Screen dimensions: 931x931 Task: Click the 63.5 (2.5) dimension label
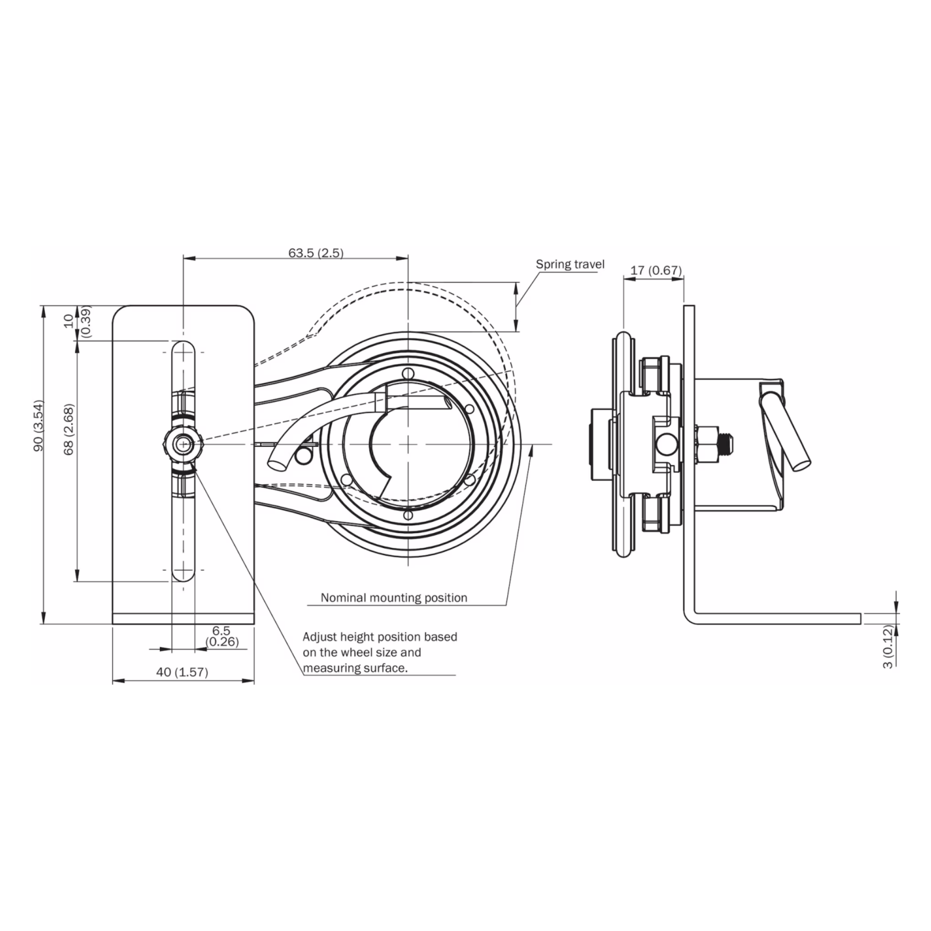click(x=315, y=253)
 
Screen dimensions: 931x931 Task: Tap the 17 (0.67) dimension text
click(x=656, y=270)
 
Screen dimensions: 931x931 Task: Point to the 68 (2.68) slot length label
click(x=69, y=429)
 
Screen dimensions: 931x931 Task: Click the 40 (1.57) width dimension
click(x=182, y=672)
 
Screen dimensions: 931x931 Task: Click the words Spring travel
click(x=570, y=264)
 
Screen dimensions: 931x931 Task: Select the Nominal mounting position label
click(x=394, y=598)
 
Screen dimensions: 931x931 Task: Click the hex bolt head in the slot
click(x=183, y=444)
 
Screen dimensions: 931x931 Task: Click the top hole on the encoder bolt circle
click(x=408, y=373)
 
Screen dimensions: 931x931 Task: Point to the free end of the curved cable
click(x=278, y=463)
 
